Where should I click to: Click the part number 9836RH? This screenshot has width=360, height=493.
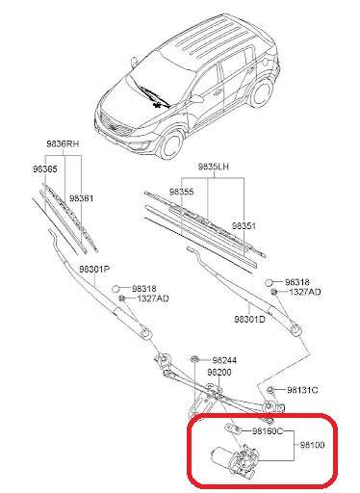[63, 143]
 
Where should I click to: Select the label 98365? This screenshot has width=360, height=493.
[45, 169]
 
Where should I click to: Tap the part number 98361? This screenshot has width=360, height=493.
[82, 198]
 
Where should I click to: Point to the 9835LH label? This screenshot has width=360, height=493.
[214, 167]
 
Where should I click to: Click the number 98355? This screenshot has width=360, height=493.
[182, 192]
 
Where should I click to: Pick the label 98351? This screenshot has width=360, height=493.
[244, 226]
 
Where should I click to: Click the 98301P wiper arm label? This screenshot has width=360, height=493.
[94, 269]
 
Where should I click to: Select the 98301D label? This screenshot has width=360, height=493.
[249, 320]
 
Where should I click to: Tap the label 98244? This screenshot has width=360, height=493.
[224, 360]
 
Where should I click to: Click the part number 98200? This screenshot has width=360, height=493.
[219, 372]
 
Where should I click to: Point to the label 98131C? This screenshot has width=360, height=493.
[302, 390]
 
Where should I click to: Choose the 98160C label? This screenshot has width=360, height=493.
[268, 431]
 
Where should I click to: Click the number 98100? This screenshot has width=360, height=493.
[312, 445]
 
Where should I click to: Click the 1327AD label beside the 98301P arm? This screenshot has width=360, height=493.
[153, 298]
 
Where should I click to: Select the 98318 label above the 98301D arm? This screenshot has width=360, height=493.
[297, 282]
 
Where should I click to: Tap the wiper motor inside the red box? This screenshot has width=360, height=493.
[235, 457]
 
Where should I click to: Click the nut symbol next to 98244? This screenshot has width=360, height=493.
[193, 359]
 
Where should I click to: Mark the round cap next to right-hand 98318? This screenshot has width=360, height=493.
[270, 283]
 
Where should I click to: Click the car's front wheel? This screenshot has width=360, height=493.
[172, 144]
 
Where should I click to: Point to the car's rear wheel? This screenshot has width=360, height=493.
[261, 93]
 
